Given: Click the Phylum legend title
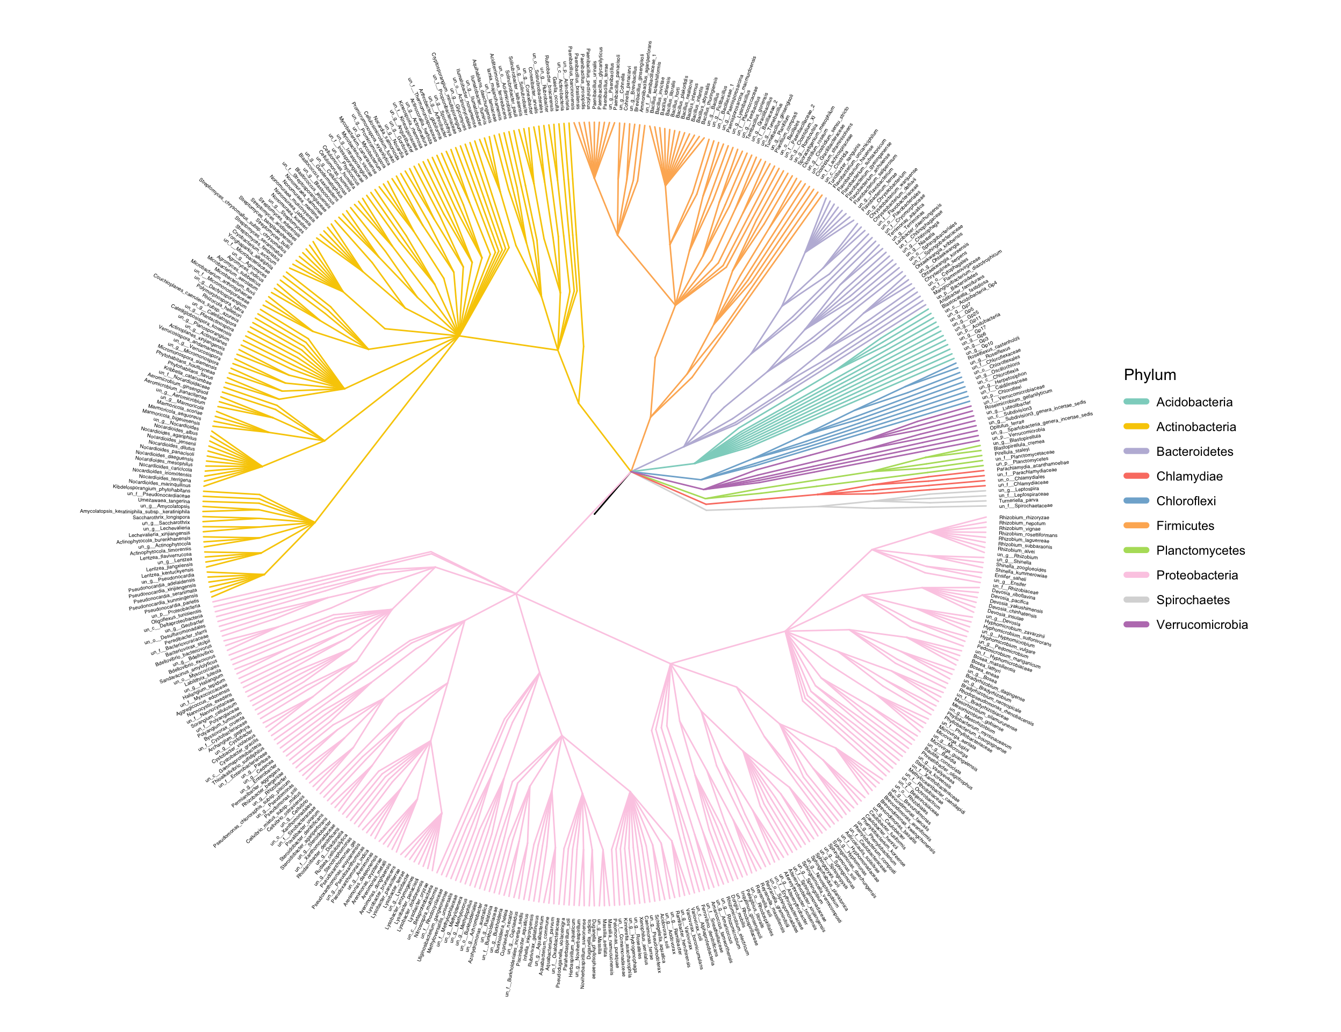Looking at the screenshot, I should point(1149,375).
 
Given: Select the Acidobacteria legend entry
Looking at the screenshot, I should point(1194,403).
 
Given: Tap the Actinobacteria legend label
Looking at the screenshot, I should point(1195,427).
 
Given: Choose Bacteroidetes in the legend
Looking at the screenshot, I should point(1194,451).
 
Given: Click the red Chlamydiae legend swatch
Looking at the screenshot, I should point(1136,476).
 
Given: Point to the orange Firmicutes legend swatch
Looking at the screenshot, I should point(1136,526).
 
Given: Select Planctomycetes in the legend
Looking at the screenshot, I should point(1200,550).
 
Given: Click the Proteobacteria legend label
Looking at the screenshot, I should point(1196,575).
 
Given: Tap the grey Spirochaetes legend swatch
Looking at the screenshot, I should point(1136,599).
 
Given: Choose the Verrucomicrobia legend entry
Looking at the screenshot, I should point(1202,625).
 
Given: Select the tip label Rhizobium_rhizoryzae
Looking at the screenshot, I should point(1024,518).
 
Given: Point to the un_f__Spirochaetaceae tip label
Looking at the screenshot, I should point(1026,506).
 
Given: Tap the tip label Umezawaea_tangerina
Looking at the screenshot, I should point(164,500).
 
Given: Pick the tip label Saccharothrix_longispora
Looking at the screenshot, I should point(162,517).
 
